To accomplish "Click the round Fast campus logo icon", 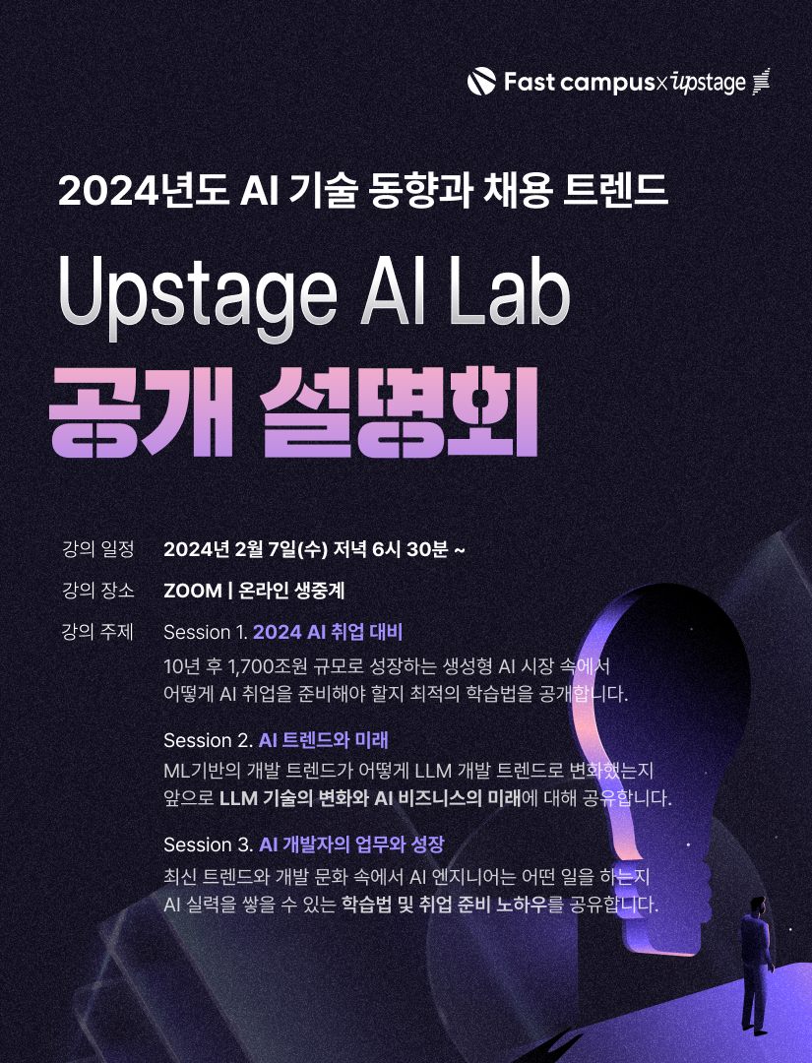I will point(481,82).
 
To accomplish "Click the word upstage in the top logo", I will point(709,83).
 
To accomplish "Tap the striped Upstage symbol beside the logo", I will point(760,83).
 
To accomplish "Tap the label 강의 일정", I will point(97,548).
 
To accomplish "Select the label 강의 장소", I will point(97,591).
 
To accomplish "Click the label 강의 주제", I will point(97,632).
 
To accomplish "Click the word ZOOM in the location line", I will point(192,591).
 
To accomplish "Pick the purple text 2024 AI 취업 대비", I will point(328,632).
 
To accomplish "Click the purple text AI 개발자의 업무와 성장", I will point(351,844).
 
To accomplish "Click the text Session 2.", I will point(208,739).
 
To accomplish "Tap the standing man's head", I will point(756,903).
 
